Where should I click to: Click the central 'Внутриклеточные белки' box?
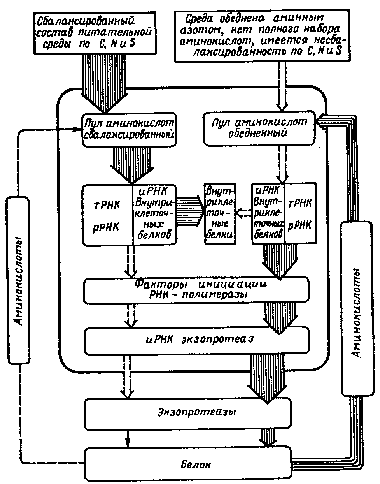[x=220, y=214]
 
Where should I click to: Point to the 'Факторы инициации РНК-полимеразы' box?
[x=196, y=289]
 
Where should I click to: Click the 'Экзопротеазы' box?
[x=187, y=412]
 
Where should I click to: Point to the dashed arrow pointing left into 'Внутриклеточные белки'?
[x=243, y=213]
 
